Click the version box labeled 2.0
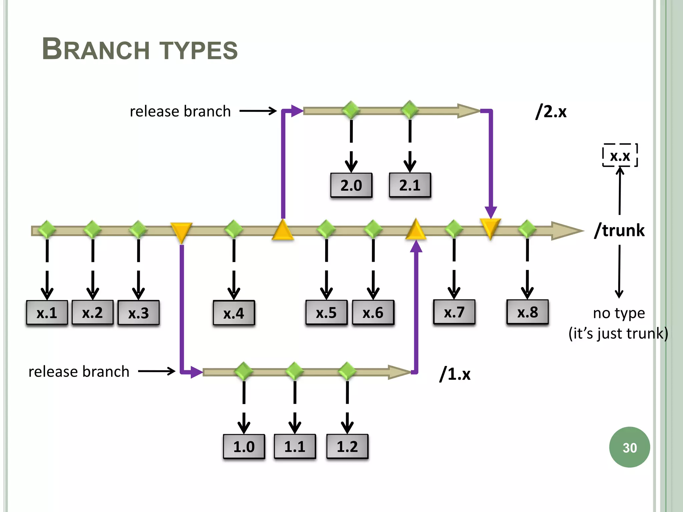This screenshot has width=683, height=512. pos(351,185)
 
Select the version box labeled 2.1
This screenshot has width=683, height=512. pos(410,185)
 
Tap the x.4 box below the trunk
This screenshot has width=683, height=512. pos(234,313)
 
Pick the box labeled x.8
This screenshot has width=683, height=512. pos(527,312)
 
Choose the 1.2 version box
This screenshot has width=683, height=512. pos(347,447)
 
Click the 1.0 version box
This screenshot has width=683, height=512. pos(244,447)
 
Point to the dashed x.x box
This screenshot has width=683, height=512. pos(620,156)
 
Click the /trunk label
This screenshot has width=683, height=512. pos(619,230)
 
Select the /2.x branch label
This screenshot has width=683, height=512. pos(551,111)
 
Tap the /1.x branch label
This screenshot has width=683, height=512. pos(455,374)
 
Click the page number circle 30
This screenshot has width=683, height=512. pos(629,447)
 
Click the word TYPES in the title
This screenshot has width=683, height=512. pos(199,51)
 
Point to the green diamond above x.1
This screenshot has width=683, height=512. pos(47,229)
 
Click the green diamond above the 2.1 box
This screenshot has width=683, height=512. pos(410,110)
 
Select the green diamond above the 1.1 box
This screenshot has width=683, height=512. pos(295,371)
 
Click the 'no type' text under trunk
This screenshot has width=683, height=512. pos(619,313)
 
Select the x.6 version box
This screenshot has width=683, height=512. pos(373,313)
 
